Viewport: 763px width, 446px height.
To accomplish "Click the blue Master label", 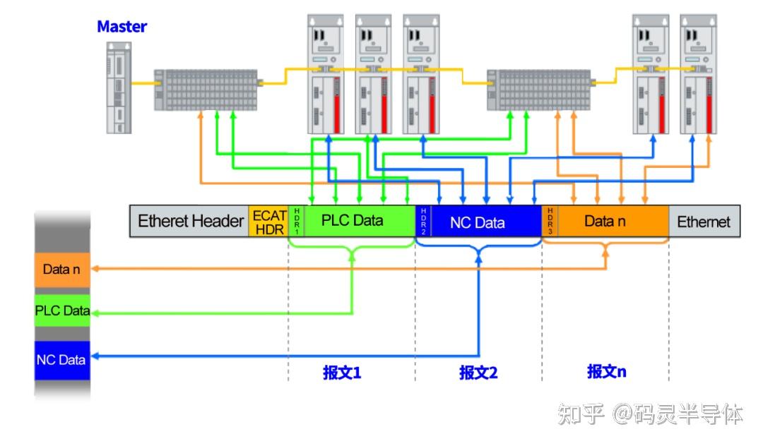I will [122, 27].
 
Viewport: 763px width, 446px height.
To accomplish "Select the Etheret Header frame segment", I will [190, 221].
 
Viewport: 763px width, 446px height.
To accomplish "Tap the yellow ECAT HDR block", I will [269, 221].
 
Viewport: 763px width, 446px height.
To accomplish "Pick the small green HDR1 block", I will [297, 221].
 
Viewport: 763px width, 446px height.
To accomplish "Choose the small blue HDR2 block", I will [423, 221].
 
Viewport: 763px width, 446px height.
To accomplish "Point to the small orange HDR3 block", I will [550, 221].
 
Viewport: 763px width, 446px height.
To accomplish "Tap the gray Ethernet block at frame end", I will [704, 221].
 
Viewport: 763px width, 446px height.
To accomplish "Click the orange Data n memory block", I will [63, 270].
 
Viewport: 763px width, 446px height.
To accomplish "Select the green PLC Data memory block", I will [63, 311].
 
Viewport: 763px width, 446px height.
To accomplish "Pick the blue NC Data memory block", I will [63, 360].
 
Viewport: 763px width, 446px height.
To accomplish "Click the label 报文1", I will [342, 373].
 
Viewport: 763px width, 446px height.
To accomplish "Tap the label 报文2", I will [478, 373].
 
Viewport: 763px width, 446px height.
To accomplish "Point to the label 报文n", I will [606, 371].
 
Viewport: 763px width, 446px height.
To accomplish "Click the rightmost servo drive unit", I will [698, 74].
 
